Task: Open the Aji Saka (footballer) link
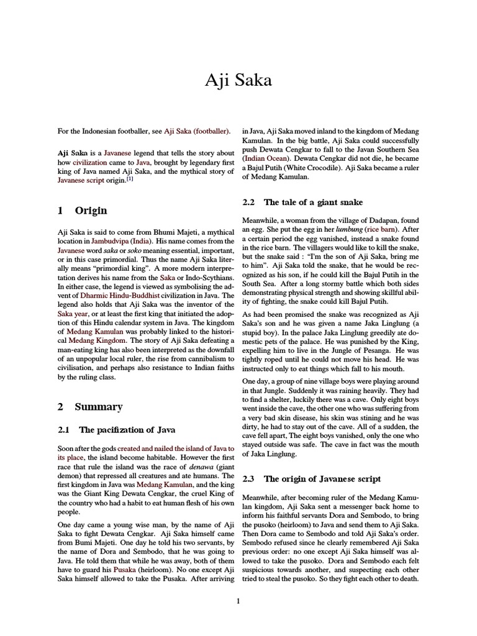pos(196,131)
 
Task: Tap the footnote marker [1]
pos(130,179)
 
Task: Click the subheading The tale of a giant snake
pos(313,202)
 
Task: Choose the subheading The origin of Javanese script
pos(322,479)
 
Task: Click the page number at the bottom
pos(238,601)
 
